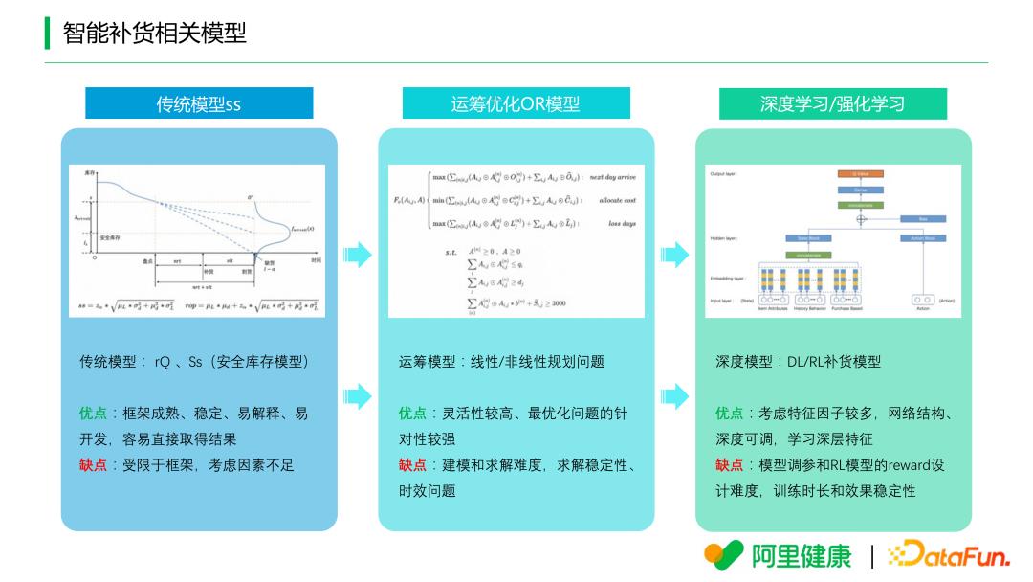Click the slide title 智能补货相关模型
(154, 34)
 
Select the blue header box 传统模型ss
(199, 103)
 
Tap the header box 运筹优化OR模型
(516, 103)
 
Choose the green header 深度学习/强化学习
(832, 103)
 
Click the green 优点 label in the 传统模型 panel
(93, 414)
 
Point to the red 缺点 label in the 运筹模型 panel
(412, 465)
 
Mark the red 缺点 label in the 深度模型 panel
(729, 465)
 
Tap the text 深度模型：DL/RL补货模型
(798, 362)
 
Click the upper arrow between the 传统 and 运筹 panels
(358, 255)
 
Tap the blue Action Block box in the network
(922, 237)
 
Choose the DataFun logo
(949, 554)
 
